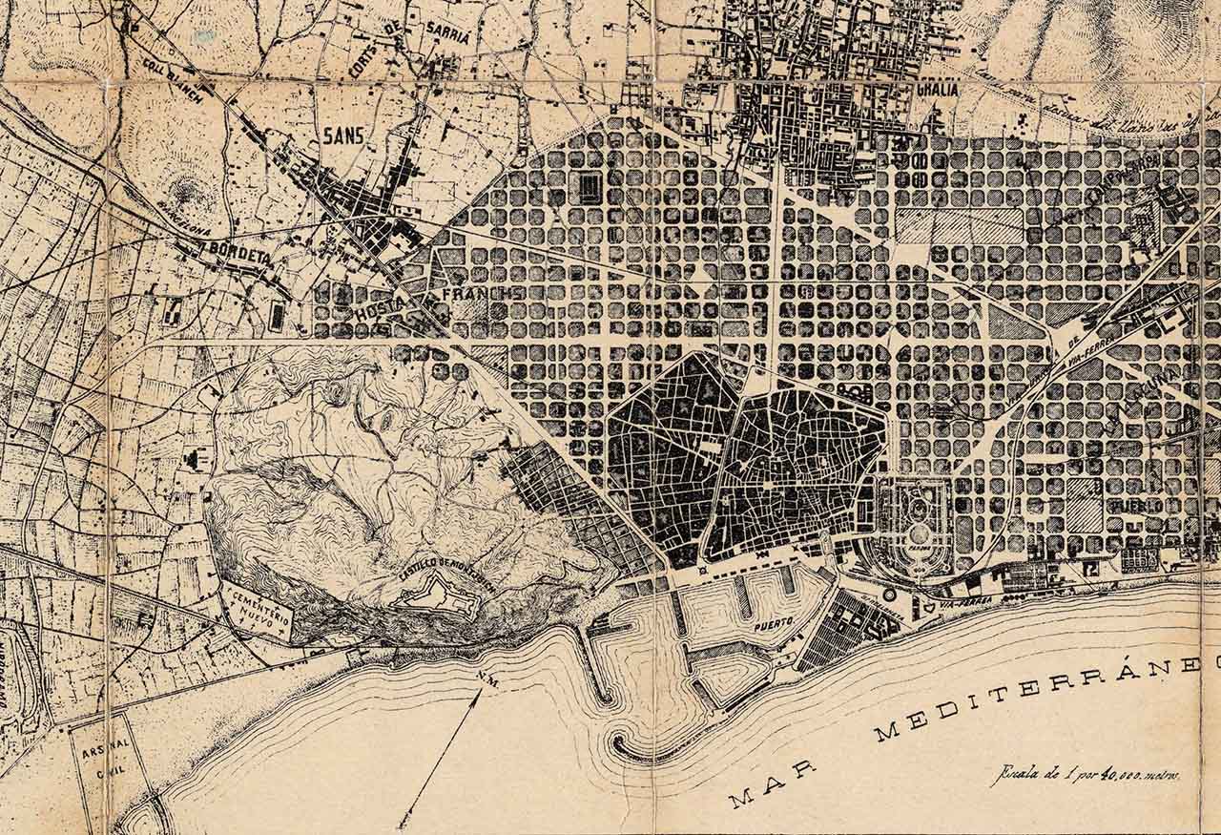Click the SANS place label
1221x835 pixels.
click(x=343, y=136)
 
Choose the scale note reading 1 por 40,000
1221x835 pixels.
click(x=1086, y=775)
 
